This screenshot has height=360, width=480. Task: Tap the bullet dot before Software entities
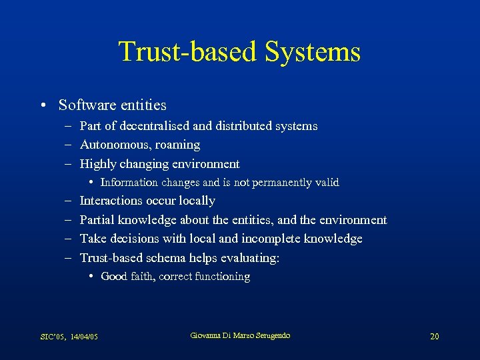tap(42, 105)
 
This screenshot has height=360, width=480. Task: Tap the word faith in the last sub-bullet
tap(141, 277)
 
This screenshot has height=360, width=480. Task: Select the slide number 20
tap(434, 336)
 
